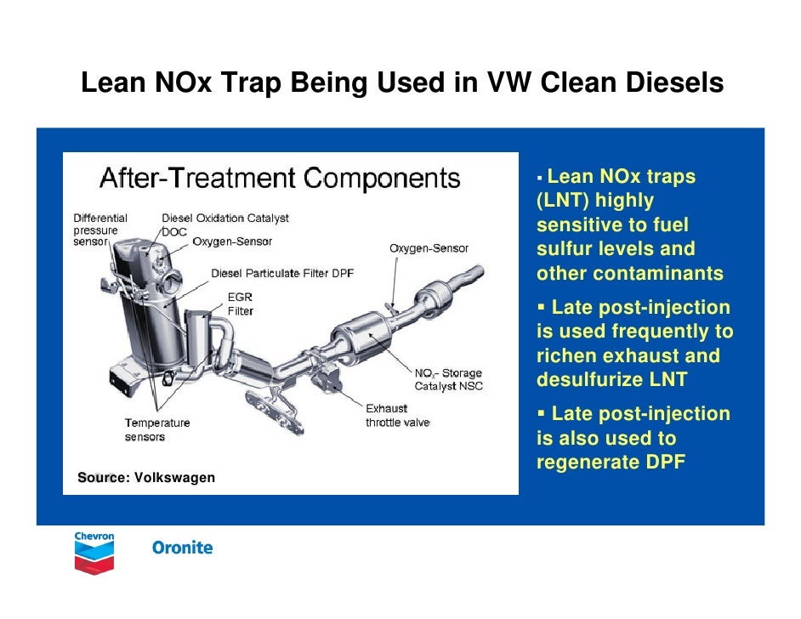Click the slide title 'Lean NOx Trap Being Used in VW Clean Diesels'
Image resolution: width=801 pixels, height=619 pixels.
coord(401,83)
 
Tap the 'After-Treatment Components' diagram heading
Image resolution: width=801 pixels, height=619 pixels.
coord(280,179)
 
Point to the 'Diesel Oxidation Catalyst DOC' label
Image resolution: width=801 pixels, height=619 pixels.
coord(224,224)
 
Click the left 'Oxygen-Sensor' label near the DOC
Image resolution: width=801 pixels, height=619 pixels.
coord(232,242)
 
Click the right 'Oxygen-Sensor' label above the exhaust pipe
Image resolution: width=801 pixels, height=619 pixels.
coord(429,248)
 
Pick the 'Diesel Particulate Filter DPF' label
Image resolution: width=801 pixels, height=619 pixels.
coord(281,273)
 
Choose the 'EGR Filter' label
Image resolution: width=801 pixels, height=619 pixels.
coord(240,304)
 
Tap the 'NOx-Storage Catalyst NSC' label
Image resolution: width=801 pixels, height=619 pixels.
coord(448,379)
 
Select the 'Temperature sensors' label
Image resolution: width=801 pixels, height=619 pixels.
coord(157,429)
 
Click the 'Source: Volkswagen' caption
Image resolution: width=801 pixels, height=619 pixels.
coord(146,478)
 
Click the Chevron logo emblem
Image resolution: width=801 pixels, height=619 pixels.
coord(94,554)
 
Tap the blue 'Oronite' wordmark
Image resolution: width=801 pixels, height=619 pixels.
coord(182,548)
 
